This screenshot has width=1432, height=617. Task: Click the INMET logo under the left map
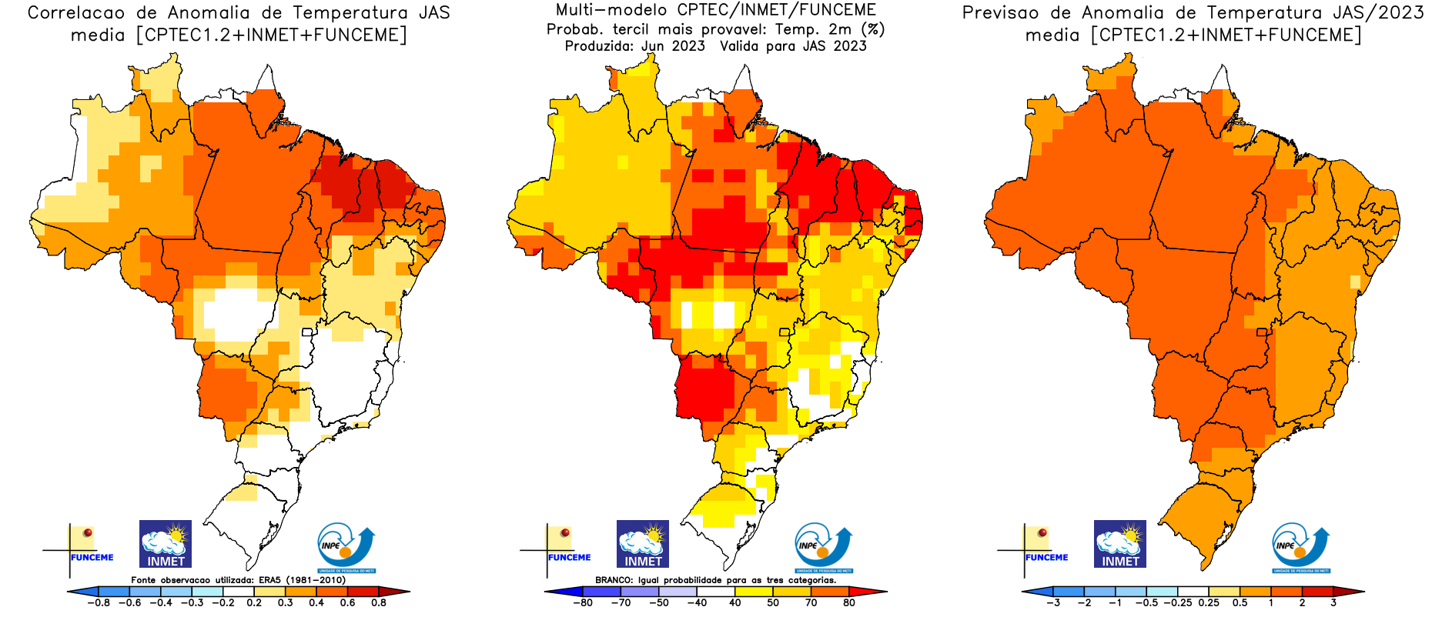pyautogui.click(x=166, y=544)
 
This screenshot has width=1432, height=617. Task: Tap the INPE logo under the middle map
pyautogui.click(x=823, y=548)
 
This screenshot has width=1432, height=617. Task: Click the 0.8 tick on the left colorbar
pyautogui.click(x=379, y=602)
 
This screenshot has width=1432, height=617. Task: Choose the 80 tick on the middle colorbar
pyautogui.click(x=849, y=602)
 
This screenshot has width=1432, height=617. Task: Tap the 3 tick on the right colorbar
pyautogui.click(x=1333, y=602)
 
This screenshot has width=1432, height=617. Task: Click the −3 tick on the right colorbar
pyautogui.click(x=1053, y=602)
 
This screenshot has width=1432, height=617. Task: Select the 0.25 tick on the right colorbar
pyautogui.click(x=1209, y=602)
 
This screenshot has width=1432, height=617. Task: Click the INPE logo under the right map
pyautogui.click(x=1300, y=548)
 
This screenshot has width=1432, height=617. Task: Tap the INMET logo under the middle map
pyautogui.click(x=643, y=544)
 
